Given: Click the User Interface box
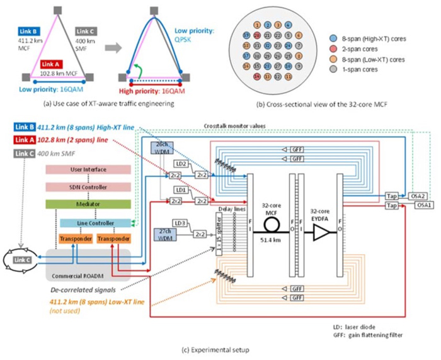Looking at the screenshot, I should click(88, 170).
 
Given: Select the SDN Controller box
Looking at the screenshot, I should click(88, 188).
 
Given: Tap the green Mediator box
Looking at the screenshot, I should click(88, 205).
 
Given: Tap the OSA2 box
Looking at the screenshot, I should click(418, 196).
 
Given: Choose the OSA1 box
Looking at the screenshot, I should click(418, 205).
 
